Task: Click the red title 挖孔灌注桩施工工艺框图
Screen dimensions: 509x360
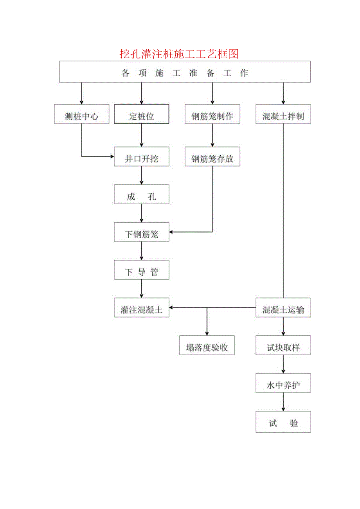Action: coord(179,54)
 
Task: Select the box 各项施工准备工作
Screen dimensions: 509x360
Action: coord(185,72)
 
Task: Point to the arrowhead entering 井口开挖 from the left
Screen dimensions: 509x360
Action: coord(111,156)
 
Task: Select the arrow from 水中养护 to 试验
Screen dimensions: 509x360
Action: coord(283,402)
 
